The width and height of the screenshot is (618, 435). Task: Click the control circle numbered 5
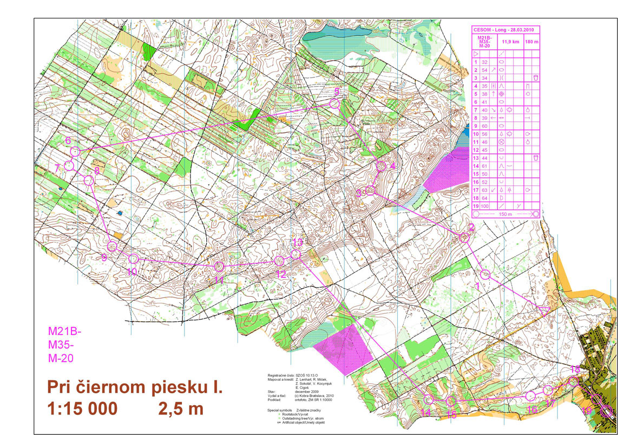pos(334,103)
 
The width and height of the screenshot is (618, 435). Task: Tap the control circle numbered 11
pos(219,266)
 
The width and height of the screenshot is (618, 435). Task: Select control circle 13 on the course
pos(295,254)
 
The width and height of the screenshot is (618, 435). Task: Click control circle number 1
pos(485,274)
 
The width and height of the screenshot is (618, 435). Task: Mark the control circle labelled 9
pos(113,246)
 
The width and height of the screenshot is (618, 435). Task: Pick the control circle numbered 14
pos(429,400)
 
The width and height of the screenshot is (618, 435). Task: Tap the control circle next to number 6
pos(75,151)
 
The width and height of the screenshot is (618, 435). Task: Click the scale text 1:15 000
pos(84,409)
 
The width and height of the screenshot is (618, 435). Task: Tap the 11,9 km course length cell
pos(509,41)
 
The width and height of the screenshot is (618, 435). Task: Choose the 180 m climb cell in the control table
pos(532,41)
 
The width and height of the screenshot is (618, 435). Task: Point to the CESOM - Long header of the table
pos(505,29)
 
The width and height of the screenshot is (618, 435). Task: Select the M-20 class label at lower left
pos(60,358)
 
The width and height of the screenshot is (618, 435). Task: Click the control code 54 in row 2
pos(485,70)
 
